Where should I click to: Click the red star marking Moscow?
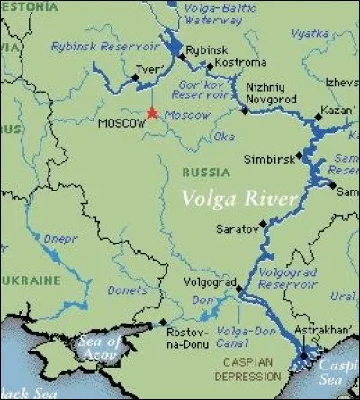(152, 112)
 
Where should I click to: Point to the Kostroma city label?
(238, 63)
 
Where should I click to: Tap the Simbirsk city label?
(267, 159)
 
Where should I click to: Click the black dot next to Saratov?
(263, 223)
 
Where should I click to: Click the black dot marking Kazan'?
(317, 117)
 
